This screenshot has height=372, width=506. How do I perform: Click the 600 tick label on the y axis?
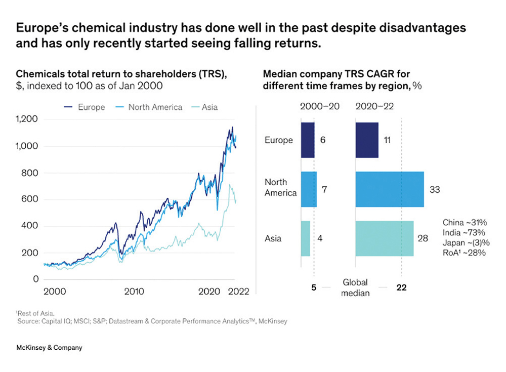click(31, 199)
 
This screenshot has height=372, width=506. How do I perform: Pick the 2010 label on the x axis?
click(134, 292)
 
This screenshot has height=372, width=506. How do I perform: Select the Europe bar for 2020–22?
click(367, 140)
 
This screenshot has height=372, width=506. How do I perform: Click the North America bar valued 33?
click(390, 189)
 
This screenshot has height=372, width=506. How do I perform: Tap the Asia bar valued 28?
click(385, 238)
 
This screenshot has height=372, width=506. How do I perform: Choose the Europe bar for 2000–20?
click(307, 140)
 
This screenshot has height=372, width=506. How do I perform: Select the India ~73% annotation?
click(463, 232)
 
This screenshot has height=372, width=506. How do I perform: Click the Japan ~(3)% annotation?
click(464, 242)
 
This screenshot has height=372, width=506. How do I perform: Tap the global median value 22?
click(401, 287)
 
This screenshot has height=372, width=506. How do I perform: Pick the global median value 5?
click(314, 287)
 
